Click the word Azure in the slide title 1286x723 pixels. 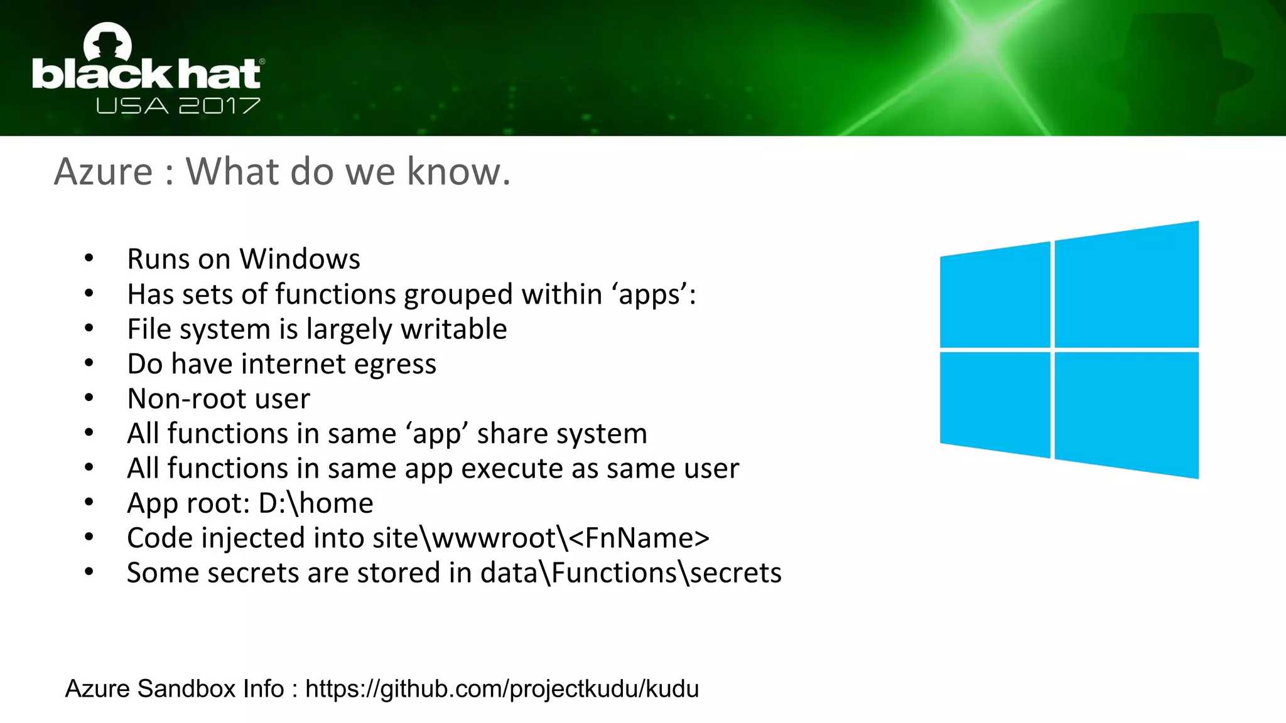point(104,172)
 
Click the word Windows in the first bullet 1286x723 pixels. point(300,259)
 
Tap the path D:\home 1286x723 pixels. point(316,503)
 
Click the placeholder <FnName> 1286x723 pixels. point(639,538)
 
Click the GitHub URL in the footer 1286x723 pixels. point(502,688)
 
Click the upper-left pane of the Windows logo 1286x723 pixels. point(995,296)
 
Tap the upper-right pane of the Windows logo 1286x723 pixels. point(1127,286)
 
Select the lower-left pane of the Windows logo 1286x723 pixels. point(995,403)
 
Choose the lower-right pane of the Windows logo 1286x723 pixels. point(1127,414)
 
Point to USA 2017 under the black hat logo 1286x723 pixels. point(178,105)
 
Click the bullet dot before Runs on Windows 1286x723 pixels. point(89,258)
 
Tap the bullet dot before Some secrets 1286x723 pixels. point(89,572)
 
